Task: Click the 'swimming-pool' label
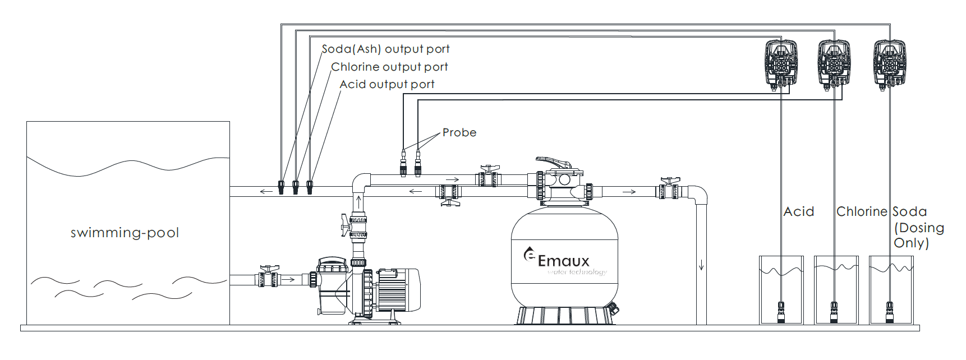point(125,233)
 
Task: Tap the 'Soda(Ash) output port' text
point(385,49)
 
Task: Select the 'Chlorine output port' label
point(389,67)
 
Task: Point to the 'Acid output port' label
point(387,85)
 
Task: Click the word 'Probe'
point(459,133)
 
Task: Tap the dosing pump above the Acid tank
point(781,63)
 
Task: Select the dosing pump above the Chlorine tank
point(834,63)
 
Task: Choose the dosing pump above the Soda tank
point(889,63)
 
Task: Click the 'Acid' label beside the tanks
point(798,212)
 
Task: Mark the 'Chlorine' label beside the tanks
point(861,212)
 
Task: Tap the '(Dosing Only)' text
point(918,236)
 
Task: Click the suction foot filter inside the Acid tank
point(781,312)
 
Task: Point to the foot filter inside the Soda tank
point(889,312)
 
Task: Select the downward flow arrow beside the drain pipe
point(701,265)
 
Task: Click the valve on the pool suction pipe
point(269,278)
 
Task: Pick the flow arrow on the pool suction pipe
point(288,279)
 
